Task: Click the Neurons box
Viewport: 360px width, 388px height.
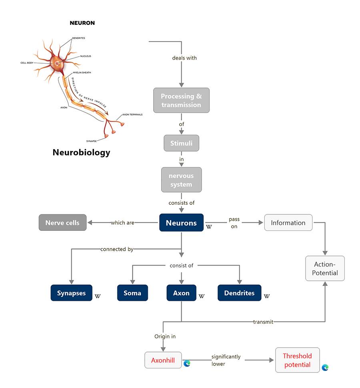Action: [x=181, y=223]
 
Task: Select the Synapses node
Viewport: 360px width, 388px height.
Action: [x=71, y=293]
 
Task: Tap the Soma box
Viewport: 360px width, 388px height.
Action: [x=132, y=293]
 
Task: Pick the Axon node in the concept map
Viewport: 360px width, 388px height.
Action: [x=181, y=293]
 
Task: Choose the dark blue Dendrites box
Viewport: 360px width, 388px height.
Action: [x=239, y=293]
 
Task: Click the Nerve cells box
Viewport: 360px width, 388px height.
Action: [x=62, y=223]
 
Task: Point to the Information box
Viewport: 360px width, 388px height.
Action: [x=288, y=223]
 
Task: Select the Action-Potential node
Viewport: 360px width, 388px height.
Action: [x=325, y=268]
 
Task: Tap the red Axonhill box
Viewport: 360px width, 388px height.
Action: [x=163, y=360]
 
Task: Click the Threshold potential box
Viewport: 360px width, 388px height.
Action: [x=297, y=360]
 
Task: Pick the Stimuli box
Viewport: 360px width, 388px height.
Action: [x=181, y=143]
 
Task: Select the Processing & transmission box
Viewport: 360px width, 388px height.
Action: [x=181, y=100]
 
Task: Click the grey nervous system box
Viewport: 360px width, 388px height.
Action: [x=181, y=180]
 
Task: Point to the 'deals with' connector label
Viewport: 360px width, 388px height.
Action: [x=184, y=58]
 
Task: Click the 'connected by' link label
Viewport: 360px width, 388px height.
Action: [x=117, y=249]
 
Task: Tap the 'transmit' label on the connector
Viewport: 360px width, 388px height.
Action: [x=263, y=322]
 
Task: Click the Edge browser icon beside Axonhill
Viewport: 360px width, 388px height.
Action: [x=187, y=363]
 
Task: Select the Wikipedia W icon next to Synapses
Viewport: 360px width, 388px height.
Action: [x=97, y=296]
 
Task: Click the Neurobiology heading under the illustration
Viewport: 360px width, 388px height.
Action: [x=81, y=152]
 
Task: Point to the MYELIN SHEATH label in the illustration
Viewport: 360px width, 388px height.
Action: [x=82, y=72]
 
